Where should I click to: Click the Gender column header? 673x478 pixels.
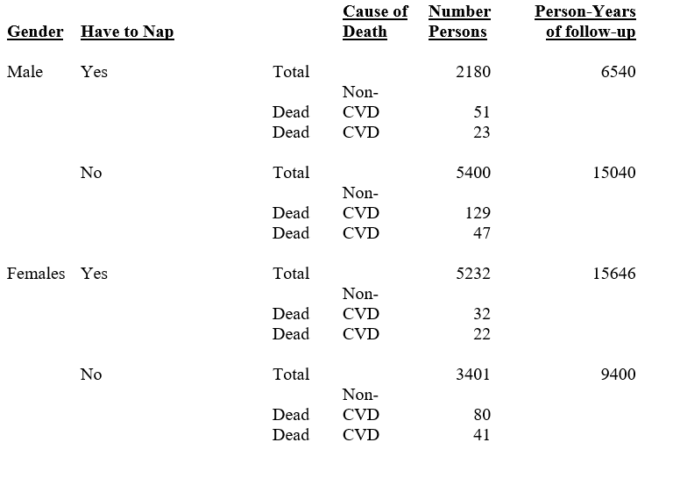pyautogui.click(x=35, y=32)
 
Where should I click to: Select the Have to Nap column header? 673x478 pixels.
pyautogui.click(x=127, y=32)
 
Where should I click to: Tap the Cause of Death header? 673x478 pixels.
pyautogui.click(x=375, y=22)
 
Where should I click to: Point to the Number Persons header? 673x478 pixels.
pyautogui.click(x=459, y=22)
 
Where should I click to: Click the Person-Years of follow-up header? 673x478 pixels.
pyautogui.click(x=585, y=22)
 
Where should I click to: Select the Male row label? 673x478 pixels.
pyautogui.click(x=25, y=72)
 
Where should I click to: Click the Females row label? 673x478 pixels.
pyautogui.click(x=36, y=274)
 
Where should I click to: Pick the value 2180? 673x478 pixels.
pyautogui.click(x=473, y=72)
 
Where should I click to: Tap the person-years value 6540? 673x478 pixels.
pyautogui.click(x=618, y=72)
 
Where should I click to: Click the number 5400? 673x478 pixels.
pyautogui.click(x=473, y=173)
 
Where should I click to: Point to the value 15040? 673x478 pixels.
pyautogui.click(x=613, y=173)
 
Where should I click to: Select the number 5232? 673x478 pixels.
pyautogui.click(x=473, y=274)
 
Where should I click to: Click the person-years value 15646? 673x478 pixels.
pyautogui.click(x=613, y=274)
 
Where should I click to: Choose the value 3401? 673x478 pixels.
pyautogui.click(x=473, y=375)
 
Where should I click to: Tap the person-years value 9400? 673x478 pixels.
pyautogui.click(x=618, y=375)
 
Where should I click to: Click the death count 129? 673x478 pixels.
pyautogui.click(x=478, y=213)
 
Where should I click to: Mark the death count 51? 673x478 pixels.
pyautogui.click(x=481, y=112)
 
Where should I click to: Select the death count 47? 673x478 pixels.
pyautogui.click(x=481, y=233)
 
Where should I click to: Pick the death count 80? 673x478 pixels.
pyautogui.click(x=481, y=415)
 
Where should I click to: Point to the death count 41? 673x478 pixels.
pyautogui.click(x=481, y=435)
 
